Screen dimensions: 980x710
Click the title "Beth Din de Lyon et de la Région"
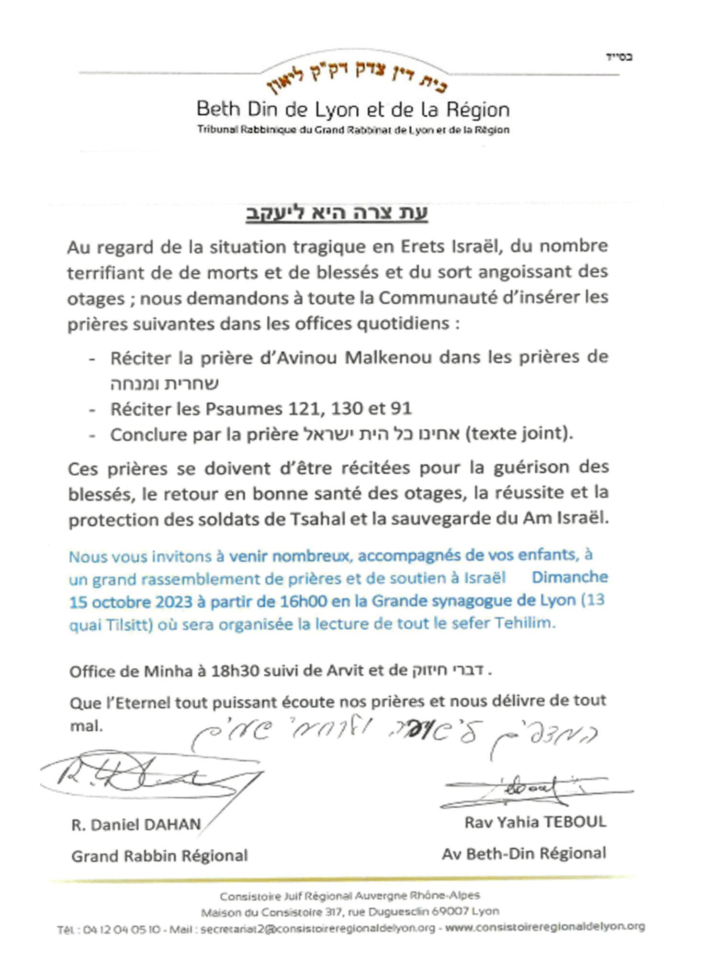[353, 110]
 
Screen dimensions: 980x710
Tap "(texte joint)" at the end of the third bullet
[519, 434]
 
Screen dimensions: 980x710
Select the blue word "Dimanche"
[570, 577]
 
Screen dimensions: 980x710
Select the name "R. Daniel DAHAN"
[136, 825]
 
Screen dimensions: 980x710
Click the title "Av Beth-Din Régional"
[524, 854]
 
